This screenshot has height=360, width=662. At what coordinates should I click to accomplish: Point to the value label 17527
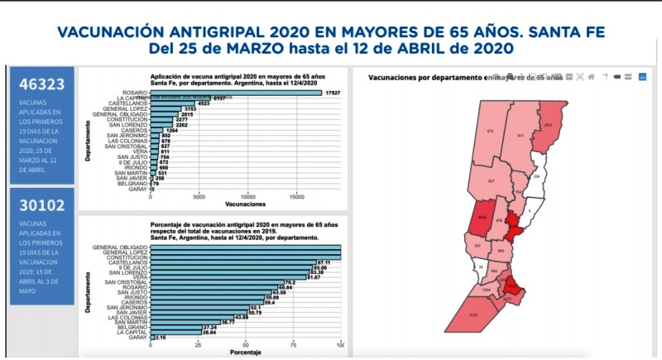pyautogui.click(x=334, y=92)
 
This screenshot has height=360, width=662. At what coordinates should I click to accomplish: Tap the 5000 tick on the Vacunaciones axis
pyautogui.click(x=199, y=197)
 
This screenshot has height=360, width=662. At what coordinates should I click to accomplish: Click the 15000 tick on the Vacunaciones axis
pyautogui.click(x=297, y=197)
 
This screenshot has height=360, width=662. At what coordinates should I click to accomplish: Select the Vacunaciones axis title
pyautogui.click(x=245, y=204)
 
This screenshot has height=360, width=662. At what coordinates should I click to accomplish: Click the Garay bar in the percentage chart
pyautogui.click(x=151, y=338)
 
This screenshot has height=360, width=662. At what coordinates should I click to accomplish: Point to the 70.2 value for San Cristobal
pyautogui.click(x=290, y=282)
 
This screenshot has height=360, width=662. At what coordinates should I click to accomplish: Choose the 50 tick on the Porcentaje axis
pyautogui.click(x=245, y=345)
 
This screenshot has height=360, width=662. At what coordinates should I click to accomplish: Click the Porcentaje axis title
pyautogui.click(x=245, y=353)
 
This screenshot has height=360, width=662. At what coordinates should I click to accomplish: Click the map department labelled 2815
pyautogui.click(x=547, y=124)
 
